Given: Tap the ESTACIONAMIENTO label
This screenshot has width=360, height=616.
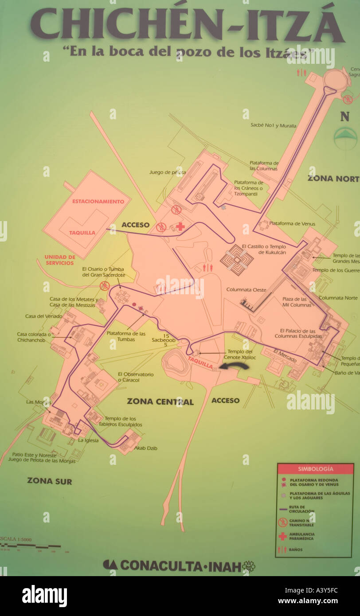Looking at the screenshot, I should point(98,201).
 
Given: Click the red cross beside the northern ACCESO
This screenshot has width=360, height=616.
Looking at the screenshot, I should point(180,226).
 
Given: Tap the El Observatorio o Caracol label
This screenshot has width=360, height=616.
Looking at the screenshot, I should point(135,377).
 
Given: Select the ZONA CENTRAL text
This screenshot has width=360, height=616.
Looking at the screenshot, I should point(160,402).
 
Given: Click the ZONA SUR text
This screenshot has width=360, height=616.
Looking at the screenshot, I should point(49,481).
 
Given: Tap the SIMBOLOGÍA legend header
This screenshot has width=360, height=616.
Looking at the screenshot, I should point(315,469).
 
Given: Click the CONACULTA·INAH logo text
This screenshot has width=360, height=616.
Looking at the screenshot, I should point(180,566).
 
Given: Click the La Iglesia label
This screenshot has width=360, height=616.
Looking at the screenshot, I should point(88,441).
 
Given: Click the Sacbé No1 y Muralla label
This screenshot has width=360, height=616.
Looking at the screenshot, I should point(273,126).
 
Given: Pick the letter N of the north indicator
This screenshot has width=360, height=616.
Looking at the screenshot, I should point(345,117).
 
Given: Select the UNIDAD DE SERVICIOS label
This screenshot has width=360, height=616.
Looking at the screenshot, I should point(60,260).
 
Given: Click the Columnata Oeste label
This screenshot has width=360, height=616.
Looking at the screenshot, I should point(246,290).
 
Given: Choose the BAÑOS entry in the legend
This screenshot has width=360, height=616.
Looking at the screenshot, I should point(296,550).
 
